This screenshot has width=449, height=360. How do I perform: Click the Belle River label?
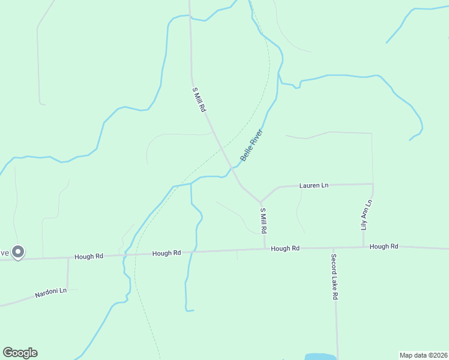[x=252, y=145]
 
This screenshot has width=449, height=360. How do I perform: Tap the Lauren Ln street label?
[x=313, y=186]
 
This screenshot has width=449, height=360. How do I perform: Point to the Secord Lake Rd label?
[x=335, y=277]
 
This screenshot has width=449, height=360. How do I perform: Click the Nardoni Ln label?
[x=50, y=293]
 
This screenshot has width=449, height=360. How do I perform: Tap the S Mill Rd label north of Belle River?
[x=199, y=100]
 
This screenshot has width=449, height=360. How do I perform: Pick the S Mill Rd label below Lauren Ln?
[x=263, y=221]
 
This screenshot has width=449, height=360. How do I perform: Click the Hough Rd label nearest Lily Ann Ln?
[x=384, y=247]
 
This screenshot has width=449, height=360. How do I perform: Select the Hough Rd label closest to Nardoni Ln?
[x=89, y=256]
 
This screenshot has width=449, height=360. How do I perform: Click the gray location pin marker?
[x=19, y=252]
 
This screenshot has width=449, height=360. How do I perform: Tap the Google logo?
[x=20, y=353]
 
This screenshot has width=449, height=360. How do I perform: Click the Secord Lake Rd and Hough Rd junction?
[x=334, y=247]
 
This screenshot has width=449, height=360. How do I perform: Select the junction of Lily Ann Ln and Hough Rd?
[x=363, y=247]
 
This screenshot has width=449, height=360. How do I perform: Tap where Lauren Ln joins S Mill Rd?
[x=261, y=202]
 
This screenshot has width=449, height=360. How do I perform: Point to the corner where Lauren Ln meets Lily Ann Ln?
[x=373, y=184]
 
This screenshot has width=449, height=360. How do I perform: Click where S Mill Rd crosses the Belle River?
[x=232, y=167]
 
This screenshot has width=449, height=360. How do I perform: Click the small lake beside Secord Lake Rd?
[x=320, y=356]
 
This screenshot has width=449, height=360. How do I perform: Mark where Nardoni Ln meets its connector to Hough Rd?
[x=68, y=289]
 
